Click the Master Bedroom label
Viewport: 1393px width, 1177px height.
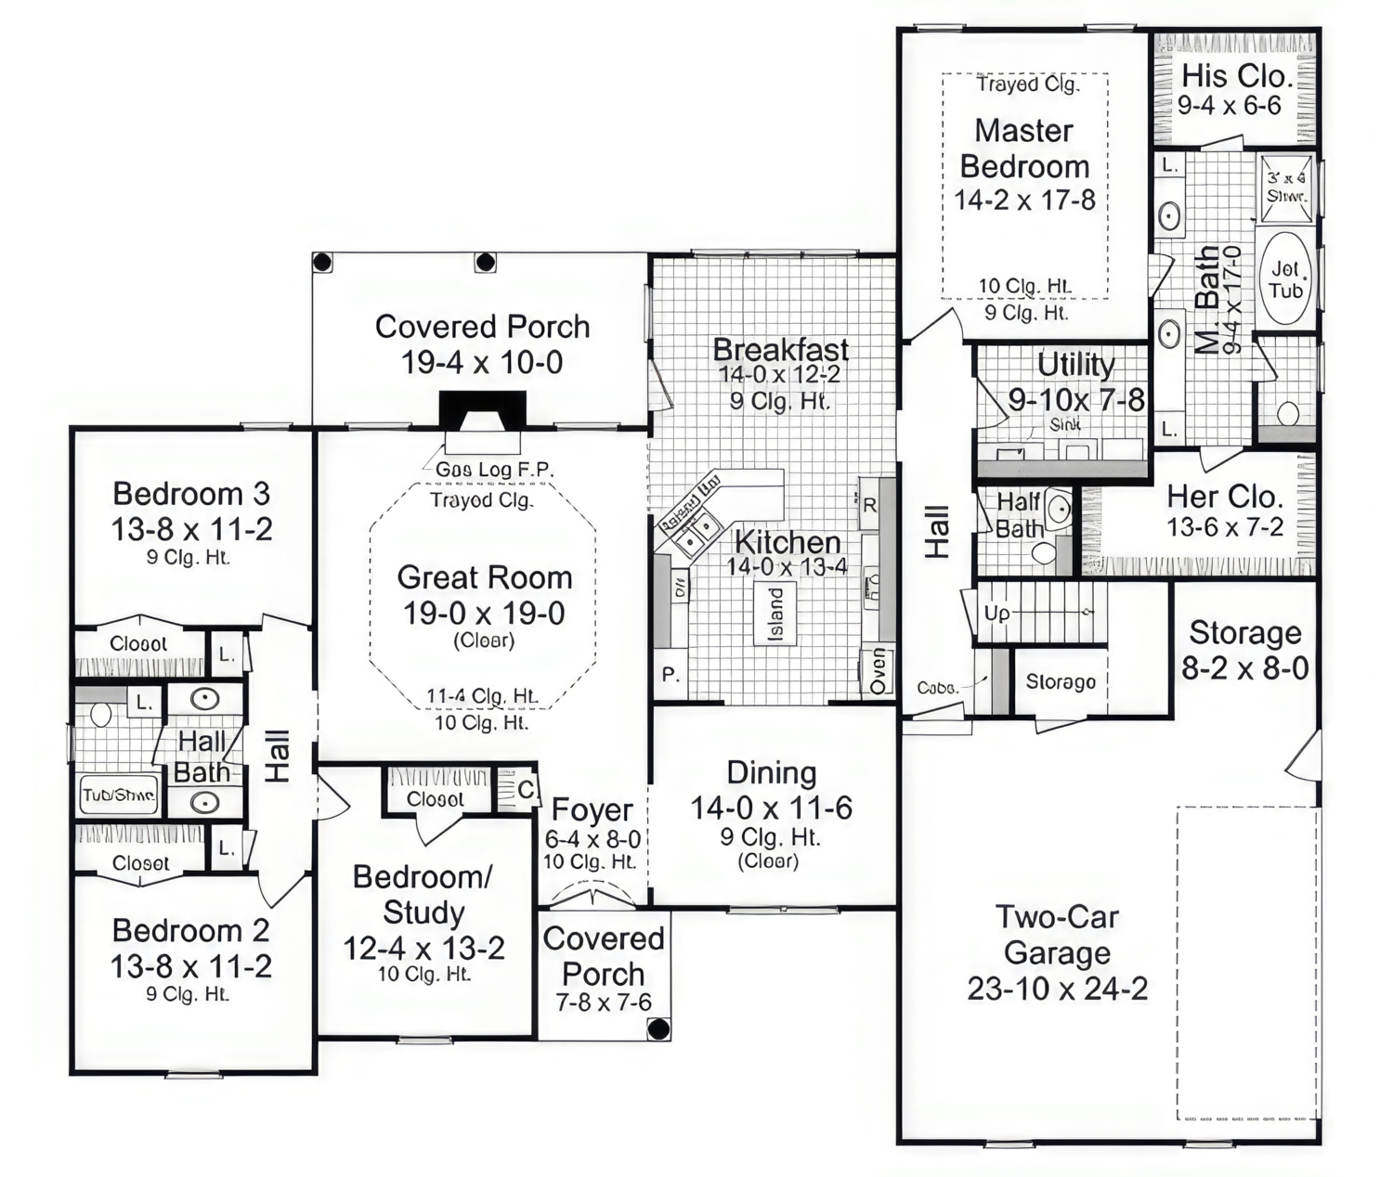[x=1024, y=149]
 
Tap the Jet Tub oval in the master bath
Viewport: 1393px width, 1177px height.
[x=1286, y=278]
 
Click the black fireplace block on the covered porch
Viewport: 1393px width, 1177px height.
[x=482, y=410]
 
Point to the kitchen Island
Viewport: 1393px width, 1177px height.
[x=775, y=614]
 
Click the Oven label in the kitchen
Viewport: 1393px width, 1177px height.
[x=878, y=670]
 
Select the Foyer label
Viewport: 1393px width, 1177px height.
[x=592, y=810]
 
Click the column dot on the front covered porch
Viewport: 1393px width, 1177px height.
[x=657, y=1028]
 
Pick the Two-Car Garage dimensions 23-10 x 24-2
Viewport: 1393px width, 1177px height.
[x=1057, y=989]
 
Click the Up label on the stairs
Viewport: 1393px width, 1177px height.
[x=996, y=614]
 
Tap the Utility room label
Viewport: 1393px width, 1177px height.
[x=1075, y=365]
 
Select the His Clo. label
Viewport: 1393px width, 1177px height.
[x=1236, y=76]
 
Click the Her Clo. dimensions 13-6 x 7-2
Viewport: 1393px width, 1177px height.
[x=1225, y=527]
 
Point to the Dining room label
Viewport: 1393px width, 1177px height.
[x=771, y=772]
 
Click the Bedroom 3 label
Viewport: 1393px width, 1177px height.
[x=191, y=493]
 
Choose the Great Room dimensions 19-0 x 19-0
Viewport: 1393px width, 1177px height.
[x=483, y=614]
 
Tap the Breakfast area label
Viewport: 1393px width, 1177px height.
[x=780, y=350]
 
